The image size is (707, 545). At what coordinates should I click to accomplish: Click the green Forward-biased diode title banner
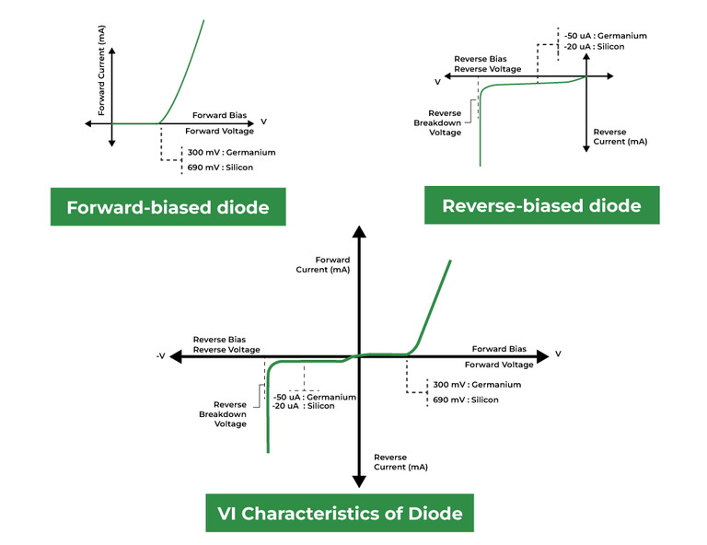pyautogui.click(x=168, y=207)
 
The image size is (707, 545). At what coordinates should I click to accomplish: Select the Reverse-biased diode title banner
pyautogui.click(x=541, y=205)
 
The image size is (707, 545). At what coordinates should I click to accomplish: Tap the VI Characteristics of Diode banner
pyautogui.click(x=340, y=513)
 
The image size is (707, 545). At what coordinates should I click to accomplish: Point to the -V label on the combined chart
pyautogui.click(x=160, y=355)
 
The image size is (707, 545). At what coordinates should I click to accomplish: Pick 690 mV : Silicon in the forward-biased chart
pyautogui.click(x=219, y=167)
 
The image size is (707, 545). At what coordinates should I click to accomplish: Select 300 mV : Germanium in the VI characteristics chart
pyautogui.click(x=477, y=385)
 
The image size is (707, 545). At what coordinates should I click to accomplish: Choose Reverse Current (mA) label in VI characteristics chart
pyautogui.click(x=400, y=462)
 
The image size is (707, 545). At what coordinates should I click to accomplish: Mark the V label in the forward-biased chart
pyautogui.click(x=263, y=122)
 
